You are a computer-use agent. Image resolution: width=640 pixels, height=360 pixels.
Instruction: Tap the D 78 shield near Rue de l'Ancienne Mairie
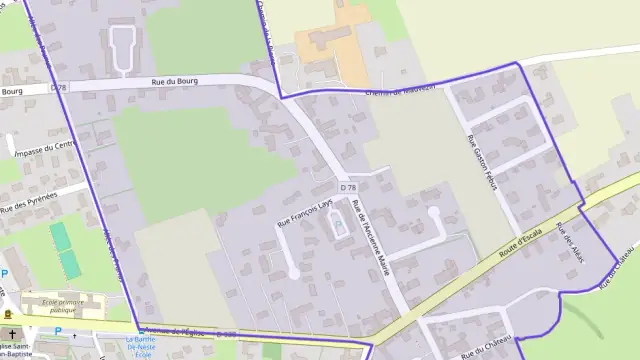pyautogui.click(x=347, y=187)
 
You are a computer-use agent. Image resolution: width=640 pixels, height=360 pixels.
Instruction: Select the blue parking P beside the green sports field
pyautogui.click(x=4, y=272)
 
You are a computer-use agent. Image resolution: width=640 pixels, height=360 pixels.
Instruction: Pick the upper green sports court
pyautogui.click(x=60, y=236)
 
